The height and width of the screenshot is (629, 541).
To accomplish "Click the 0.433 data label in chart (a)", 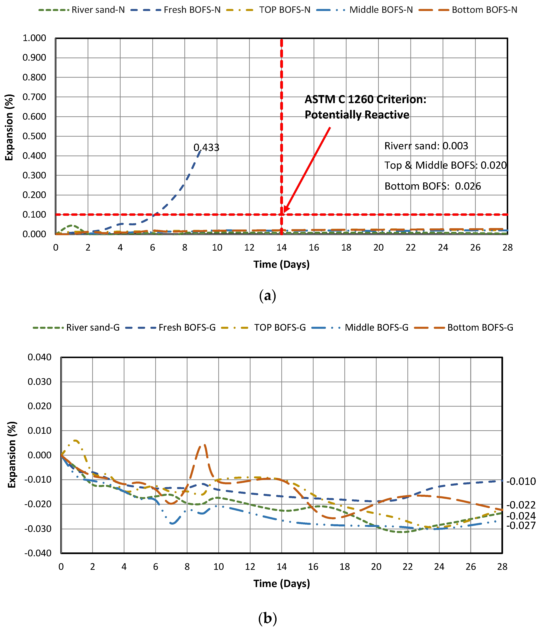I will click(x=206, y=147).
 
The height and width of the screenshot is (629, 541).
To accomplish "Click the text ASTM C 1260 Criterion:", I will click(x=365, y=100).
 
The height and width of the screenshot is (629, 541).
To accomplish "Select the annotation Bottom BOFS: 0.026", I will click(x=433, y=186).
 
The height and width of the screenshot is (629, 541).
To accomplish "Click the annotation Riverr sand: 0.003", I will click(x=426, y=146).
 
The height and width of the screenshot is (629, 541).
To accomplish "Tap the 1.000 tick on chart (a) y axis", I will click(x=34, y=38).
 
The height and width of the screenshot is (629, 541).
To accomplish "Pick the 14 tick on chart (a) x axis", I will click(x=281, y=248).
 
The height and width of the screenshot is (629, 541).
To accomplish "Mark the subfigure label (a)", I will click(x=268, y=296).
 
